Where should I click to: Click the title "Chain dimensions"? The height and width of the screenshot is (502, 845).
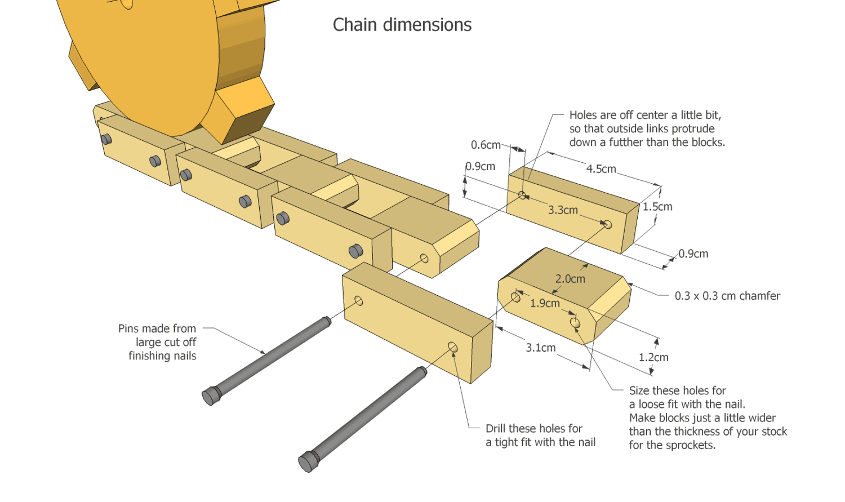pyautogui.click(x=402, y=25)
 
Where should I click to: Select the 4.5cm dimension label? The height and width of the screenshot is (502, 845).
pyautogui.click(x=601, y=168)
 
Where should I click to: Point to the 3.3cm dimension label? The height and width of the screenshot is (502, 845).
pyautogui.click(x=563, y=210)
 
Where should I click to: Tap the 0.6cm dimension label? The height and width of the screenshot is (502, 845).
pyautogui.click(x=486, y=145)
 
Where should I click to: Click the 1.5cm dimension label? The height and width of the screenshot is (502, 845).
pyautogui.click(x=657, y=207)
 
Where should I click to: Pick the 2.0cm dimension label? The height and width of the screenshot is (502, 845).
pyautogui.click(x=570, y=279)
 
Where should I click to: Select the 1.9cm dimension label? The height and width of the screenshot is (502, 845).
pyautogui.click(x=545, y=303)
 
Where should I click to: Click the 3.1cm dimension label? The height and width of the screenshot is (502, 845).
pyautogui.click(x=540, y=348)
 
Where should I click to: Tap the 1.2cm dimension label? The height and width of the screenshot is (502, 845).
pyautogui.click(x=653, y=357)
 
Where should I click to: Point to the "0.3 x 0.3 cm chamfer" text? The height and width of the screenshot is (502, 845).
pyautogui.click(x=727, y=296)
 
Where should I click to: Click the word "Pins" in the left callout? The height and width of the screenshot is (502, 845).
pyautogui.click(x=128, y=328)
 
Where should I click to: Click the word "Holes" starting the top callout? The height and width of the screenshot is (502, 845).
pyautogui.click(x=584, y=115)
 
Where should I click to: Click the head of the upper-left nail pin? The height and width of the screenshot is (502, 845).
pyautogui.click(x=210, y=396)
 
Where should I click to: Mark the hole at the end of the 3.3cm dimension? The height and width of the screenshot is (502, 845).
pyautogui.click(x=607, y=224)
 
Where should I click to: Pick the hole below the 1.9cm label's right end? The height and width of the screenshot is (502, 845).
pyautogui.click(x=575, y=323)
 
